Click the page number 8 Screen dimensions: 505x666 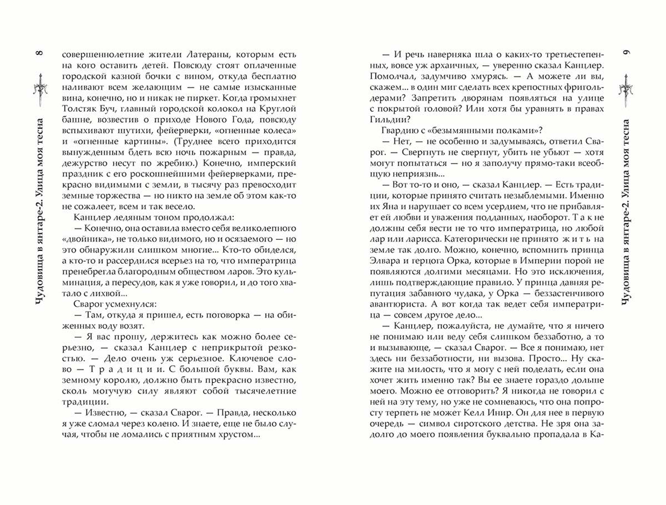pos(40,53)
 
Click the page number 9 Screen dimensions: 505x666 pos(626,52)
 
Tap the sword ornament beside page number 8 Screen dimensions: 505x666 pos(41,89)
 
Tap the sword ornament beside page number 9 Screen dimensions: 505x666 pos(626,89)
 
